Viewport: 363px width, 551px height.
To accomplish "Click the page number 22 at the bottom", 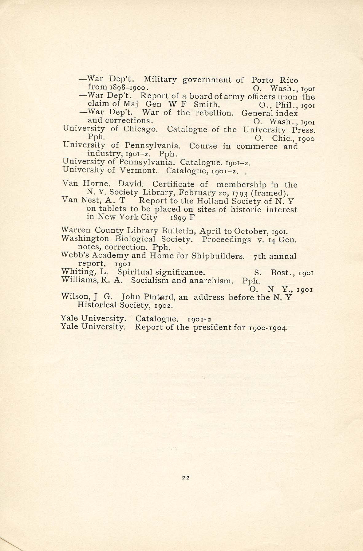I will (185, 477).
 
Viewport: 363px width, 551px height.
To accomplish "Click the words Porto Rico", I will (275, 80).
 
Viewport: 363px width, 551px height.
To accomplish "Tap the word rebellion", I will (215, 113).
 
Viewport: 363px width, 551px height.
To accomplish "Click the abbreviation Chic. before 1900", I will (282, 138).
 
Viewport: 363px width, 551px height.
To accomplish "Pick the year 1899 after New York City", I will (176, 218).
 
